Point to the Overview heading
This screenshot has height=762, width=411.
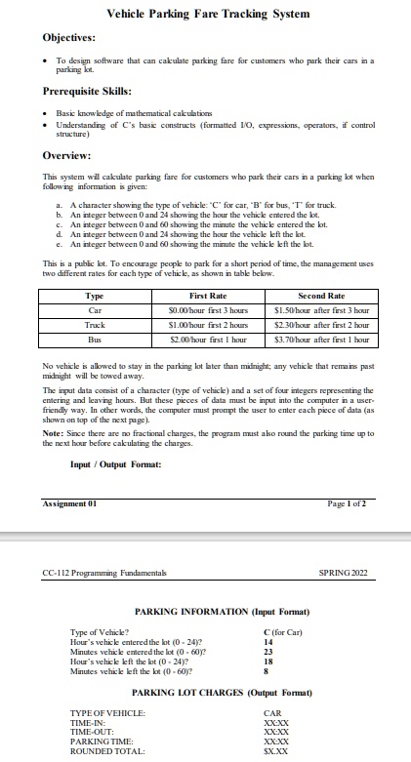[67, 155]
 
